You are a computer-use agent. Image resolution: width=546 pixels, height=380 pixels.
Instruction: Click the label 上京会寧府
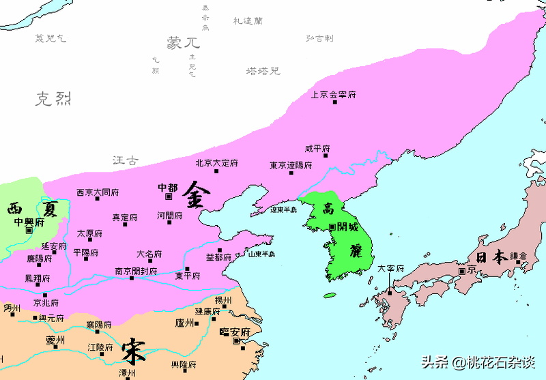[333, 95]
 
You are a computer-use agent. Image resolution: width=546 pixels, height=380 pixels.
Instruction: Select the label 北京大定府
[216, 163]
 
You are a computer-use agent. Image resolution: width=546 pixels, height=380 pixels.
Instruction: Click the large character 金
[197, 195]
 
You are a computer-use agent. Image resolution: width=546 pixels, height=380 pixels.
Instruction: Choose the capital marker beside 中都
[169, 196]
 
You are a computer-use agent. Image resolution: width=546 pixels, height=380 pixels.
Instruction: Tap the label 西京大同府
[98, 192]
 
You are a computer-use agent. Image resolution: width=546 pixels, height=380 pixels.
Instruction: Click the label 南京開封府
[136, 271]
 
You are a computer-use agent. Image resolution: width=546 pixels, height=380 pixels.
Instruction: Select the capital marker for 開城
[332, 226]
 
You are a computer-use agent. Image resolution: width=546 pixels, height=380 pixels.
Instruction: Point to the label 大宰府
[390, 269]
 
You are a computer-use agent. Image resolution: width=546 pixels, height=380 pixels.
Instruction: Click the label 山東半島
[261, 254]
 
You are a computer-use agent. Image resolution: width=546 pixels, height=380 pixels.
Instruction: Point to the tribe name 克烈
[53, 100]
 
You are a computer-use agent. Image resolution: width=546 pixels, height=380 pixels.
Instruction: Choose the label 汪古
[125, 161]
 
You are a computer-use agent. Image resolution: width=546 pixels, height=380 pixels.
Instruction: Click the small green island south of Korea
[330, 295]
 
